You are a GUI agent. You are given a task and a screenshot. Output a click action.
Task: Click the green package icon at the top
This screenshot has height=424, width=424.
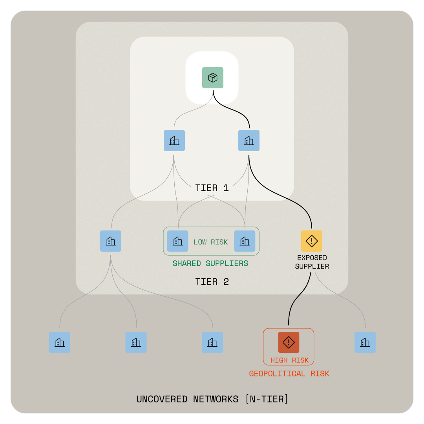[213, 78]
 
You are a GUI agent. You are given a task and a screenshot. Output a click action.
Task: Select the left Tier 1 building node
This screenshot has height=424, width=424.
[174, 141]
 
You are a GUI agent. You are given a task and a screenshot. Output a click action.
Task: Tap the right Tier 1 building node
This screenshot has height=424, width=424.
[249, 141]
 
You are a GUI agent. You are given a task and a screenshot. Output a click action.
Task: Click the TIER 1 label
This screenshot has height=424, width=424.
[212, 188]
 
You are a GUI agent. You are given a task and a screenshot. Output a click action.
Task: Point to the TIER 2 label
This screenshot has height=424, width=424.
[212, 282]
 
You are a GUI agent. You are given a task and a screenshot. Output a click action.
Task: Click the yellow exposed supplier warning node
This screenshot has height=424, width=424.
[312, 241]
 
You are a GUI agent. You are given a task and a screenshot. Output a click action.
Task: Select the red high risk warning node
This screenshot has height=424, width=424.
[289, 342]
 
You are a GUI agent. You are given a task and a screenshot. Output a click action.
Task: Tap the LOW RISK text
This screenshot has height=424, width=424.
[211, 242]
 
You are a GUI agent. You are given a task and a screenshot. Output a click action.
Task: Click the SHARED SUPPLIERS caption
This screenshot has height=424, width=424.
[210, 263]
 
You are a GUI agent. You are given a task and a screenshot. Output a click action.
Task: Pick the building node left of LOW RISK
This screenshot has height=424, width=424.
[178, 241]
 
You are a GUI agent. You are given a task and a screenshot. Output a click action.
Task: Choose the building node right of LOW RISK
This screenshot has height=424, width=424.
[245, 241]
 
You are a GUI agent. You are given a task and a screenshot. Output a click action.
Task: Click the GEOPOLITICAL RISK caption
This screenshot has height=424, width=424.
[289, 374]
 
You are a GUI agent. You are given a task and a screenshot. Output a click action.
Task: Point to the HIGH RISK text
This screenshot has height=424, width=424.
[289, 360]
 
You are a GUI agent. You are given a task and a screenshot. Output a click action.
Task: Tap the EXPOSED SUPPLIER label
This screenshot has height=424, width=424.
[312, 262]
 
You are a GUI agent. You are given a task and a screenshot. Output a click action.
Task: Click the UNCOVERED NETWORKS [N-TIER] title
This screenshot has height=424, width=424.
[212, 399]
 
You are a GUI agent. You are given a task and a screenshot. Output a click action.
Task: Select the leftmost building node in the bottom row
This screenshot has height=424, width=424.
[60, 342]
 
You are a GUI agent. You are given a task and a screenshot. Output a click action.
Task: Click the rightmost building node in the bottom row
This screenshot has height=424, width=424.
[365, 342]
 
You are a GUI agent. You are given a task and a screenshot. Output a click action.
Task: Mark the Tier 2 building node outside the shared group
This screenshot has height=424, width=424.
[111, 241]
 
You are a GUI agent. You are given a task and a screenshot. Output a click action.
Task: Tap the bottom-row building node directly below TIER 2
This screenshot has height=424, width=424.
[212, 342]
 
